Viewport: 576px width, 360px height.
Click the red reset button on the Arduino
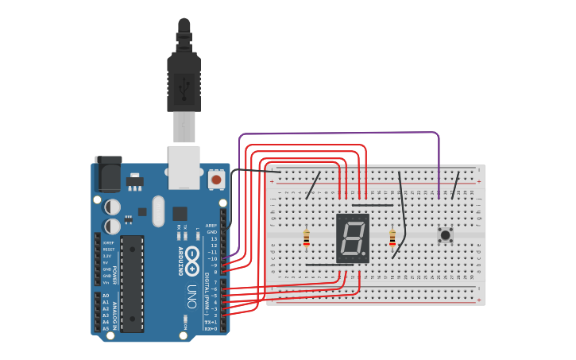(216, 180)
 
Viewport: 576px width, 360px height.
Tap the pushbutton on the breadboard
(445, 234)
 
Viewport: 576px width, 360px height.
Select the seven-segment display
(352, 238)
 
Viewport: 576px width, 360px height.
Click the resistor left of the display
(307, 237)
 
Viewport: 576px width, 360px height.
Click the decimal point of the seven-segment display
(366, 256)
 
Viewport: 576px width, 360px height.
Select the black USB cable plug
(184, 79)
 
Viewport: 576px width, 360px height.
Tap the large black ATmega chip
(132, 283)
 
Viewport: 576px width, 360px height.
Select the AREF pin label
(211, 225)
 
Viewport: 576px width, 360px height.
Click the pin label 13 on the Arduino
(214, 238)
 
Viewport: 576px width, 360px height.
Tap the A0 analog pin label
(106, 296)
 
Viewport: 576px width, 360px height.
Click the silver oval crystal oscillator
(158, 211)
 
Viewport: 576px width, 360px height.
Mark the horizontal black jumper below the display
(329, 265)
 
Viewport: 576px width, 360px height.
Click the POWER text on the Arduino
(115, 274)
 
